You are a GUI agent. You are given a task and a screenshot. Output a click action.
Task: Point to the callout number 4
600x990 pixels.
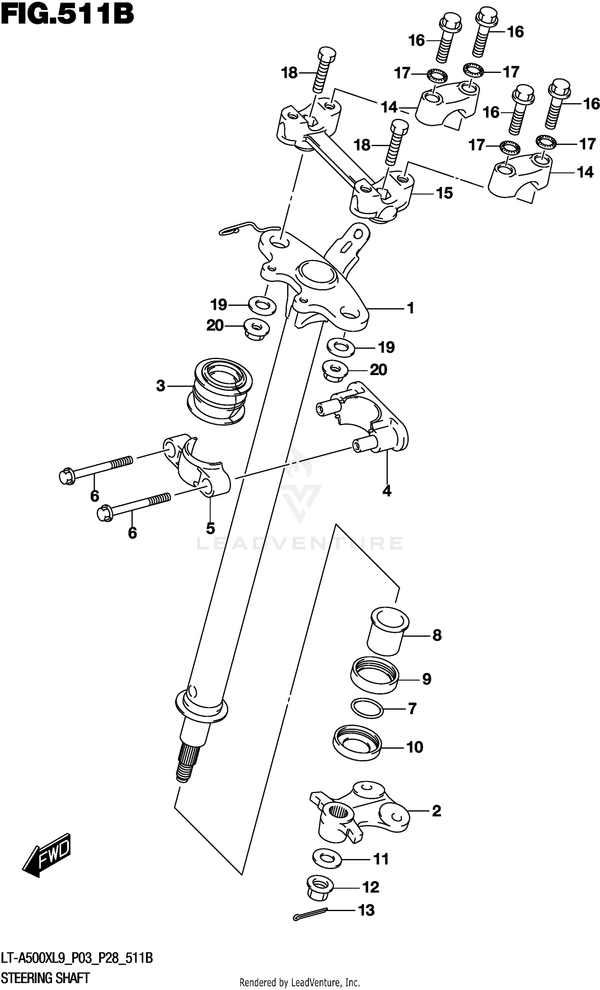(386, 491)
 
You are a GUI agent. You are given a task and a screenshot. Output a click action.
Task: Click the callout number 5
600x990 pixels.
(210, 528)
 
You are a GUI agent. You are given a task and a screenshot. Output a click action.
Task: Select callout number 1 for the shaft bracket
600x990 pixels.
(410, 308)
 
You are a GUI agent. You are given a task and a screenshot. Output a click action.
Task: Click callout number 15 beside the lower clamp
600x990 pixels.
(444, 193)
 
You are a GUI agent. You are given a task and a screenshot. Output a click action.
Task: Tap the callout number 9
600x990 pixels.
(426, 679)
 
